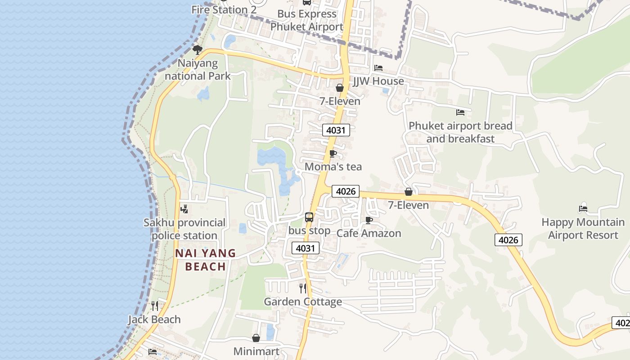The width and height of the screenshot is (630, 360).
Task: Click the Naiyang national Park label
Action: pyautogui.click(x=198, y=69)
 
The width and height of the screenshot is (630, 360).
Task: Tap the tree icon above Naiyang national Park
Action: pyautogui.click(x=197, y=49)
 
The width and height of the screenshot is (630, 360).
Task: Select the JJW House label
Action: pyautogui.click(x=378, y=81)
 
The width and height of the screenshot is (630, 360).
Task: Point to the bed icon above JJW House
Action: pyautogui.click(x=378, y=68)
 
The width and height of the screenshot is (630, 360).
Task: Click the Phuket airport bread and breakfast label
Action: pyautogui.click(x=460, y=132)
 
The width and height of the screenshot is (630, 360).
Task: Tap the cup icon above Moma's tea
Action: pyautogui.click(x=333, y=154)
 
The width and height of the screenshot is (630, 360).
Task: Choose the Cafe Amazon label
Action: pyautogui.click(x=369, y=233)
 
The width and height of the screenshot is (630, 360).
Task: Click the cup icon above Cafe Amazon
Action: pyautogui.click(x=369, y=220)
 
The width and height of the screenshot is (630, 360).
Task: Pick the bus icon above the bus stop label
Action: pyautogui.click(x=309, y=217)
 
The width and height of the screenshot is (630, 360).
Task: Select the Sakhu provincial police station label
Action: pyautogui.click(x=184, y=229)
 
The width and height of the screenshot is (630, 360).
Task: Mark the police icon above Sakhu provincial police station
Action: pyautogui.click(x=184, y=209)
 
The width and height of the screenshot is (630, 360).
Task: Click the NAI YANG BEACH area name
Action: pyautogui.click(x=206, y=260)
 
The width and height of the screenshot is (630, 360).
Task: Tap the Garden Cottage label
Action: pyautogui.click(x=303, y=301)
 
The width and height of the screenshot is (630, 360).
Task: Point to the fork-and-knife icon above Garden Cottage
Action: pyautogui.click(x=303, y=288)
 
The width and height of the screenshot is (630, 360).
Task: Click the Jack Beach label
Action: pyautogui.click(x=154, y=319)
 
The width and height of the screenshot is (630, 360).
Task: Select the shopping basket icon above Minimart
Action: pyautogui.click(x=256, y=338)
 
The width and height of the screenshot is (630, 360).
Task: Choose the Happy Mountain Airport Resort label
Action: pyautogui.click(x=583, y=229)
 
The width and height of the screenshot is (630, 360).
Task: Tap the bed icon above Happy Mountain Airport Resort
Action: pyautogui.click(x=583, y=209)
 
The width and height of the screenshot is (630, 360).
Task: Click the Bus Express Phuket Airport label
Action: pyautogui.click(x=307, y=20)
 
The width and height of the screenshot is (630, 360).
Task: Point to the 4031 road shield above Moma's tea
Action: pyautogui.click(x=336, y=130)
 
